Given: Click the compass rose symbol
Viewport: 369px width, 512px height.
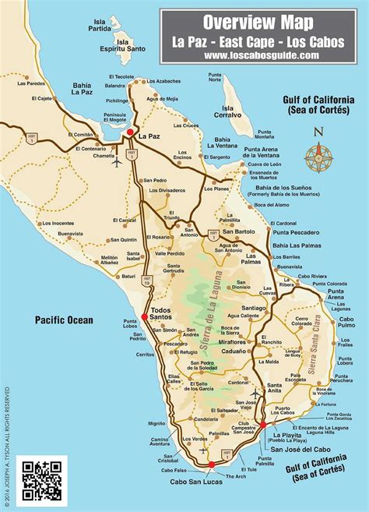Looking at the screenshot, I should click(x=318, y=156).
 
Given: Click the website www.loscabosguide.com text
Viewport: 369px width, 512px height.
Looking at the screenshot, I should click(x=261, y=55).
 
